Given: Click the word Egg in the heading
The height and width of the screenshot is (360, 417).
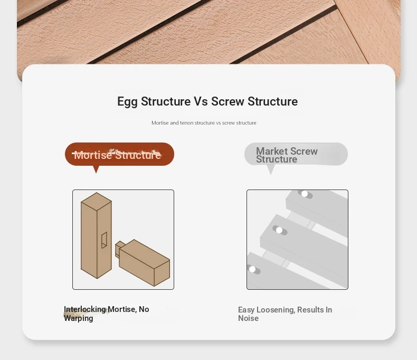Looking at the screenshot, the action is coord(127,102).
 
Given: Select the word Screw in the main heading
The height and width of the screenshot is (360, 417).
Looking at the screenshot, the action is coord(228,101).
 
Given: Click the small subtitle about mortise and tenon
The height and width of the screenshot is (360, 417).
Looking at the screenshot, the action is coord(204,123).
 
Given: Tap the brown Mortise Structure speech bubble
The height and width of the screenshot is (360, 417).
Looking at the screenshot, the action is coord(119,154).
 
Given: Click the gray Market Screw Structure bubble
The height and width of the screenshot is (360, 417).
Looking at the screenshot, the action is coord(296,154).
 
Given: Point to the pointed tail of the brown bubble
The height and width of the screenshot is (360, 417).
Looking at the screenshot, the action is coord(96,173).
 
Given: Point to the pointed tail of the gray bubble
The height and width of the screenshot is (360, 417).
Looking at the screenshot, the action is coord(271,174).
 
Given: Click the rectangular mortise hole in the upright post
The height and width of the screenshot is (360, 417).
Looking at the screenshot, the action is coord(105,240).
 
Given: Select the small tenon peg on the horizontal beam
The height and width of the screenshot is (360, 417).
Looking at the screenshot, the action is coord(119,247).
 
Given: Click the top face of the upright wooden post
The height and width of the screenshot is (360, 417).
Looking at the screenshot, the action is coord(96,201).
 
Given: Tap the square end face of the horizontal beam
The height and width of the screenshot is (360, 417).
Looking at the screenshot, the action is coord(162,273).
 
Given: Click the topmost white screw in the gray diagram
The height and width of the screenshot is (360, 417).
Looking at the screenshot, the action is coord(305,194).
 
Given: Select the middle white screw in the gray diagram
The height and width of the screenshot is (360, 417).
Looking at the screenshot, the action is coord(279,230).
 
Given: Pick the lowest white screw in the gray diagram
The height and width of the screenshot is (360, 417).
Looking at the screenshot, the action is coord(252,269).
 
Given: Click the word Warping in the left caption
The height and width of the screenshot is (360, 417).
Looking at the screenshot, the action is coord(79,318).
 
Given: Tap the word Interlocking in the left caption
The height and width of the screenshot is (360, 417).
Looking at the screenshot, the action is coord(85,309).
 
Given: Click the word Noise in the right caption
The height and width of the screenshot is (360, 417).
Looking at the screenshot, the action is coord(248,318).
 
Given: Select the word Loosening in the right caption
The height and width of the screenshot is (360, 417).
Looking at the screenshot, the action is coord(276,310).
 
